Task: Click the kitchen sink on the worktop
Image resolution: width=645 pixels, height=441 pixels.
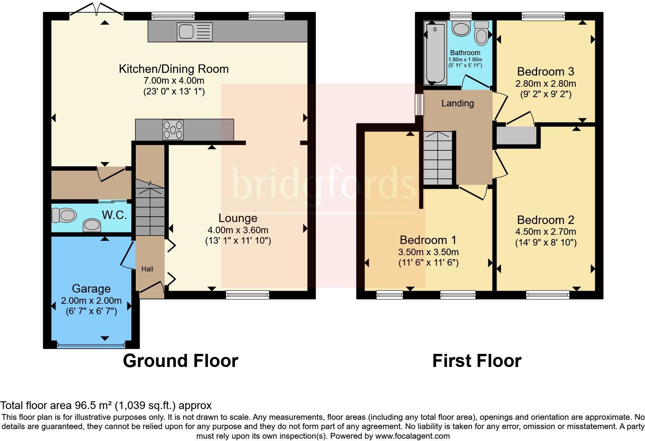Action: [x=194, y=31]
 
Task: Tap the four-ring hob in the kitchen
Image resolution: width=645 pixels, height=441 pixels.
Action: [x=173, y=130]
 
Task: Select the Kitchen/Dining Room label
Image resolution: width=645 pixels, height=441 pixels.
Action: [x=174, y=69]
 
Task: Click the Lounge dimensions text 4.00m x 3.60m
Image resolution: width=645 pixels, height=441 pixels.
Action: [x=238, y=230]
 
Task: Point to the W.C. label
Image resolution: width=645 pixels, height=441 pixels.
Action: [x=114, y=215]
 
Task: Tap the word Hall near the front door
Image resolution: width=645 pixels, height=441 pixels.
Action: [x=147, y=269]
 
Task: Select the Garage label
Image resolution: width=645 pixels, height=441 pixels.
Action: [x=91, y=289]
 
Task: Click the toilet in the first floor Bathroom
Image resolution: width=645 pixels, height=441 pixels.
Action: [x=480, y=34]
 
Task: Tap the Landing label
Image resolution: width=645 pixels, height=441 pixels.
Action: [x=458, y=103]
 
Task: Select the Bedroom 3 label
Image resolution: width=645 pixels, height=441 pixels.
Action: [x=545, y=72]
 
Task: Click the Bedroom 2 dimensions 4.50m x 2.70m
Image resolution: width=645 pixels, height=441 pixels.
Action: [x=545, y=232]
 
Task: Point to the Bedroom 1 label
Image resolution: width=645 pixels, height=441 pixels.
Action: [x=428, y=240]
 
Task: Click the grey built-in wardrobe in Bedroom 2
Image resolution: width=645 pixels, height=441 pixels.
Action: [x=516, y=136]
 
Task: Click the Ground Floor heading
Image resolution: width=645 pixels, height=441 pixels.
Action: [x=180, y=361]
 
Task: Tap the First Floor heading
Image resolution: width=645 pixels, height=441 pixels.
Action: [x=476, y=361]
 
